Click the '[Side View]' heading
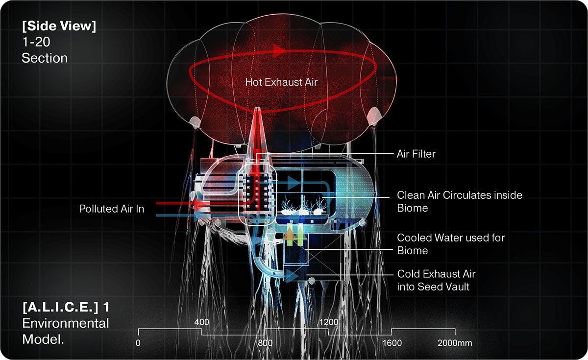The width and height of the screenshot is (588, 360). coord(59,26)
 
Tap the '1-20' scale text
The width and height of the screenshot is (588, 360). coord(36,42)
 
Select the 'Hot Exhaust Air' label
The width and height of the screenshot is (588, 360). coord(281,82)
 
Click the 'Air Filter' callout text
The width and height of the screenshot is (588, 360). coord(416,154)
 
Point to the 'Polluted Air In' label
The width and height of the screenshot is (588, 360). coord(112,209)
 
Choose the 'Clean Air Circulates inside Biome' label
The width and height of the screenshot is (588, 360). coord(460,201)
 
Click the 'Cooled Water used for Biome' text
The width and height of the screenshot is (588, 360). coord(451,244)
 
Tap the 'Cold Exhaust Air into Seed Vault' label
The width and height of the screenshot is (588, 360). coord(436,280)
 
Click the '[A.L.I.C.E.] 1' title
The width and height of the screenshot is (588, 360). coord(66,307)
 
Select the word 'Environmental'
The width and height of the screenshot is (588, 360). coord(65,323)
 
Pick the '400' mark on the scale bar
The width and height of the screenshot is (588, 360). coord(201,322)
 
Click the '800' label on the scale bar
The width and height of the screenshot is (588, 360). coord(265,343)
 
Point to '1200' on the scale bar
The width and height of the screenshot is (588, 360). coord(329,322)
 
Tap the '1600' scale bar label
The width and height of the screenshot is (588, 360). coord(392,343)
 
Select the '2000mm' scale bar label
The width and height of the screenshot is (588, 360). coord(455,343)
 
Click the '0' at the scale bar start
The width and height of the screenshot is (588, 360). coord(138,343)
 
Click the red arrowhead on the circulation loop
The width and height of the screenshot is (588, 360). coord(280,50)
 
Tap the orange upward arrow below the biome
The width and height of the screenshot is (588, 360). coord(289,234)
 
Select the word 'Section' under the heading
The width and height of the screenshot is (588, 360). coord(45,58)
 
